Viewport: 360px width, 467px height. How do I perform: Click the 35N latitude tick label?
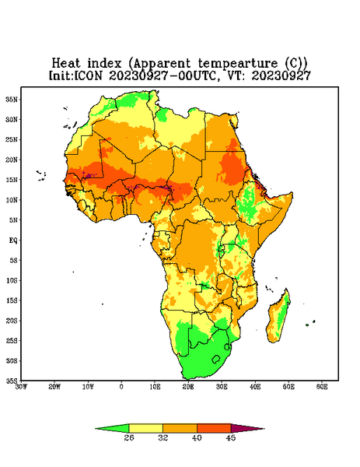(x=12, y=100)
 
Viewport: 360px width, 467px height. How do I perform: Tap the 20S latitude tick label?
(x=12, y=321)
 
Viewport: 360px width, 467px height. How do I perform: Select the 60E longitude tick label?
(x=322, y=387)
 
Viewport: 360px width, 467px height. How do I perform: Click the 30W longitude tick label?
(x=21, y=387)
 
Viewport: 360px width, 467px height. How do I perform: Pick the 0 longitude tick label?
(x=121, y=387)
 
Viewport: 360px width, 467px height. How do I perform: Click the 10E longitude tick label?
(x=155, y=387)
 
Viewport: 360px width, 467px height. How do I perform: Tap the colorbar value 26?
(x=129, y=437)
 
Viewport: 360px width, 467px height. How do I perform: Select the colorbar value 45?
(x=231, y=437)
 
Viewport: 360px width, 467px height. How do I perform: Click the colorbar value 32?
(x=163, y=437)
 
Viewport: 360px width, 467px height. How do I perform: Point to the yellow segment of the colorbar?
(x=145, y=428)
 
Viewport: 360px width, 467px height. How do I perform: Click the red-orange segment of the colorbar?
(x=214, y=428)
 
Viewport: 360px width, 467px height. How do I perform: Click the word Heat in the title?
(x=66, y=64)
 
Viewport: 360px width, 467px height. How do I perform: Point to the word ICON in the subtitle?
(x=88, y=75)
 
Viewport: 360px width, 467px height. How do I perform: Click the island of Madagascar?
(x=279, y=317)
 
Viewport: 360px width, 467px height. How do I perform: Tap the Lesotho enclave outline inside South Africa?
(x=216, y=359)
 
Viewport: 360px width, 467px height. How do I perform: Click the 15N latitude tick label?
(x=12, y=180)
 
